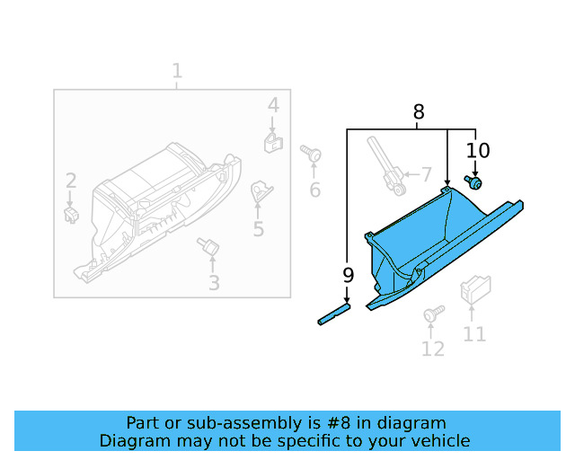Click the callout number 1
(x=177, y=70)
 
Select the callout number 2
(x=70, y=181)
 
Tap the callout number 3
(x=213, y=284)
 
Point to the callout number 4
(x=273, y=106)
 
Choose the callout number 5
(x=259, y=230)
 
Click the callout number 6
(x=314, y=190)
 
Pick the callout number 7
(x=426, y=174)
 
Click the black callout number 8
(x=419, y=112)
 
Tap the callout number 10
(x=478, y=150)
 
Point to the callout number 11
(x=474, y=334)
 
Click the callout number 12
(x=433, y=349)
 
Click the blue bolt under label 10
(x=473, y=183)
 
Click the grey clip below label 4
(x=272, y=141)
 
